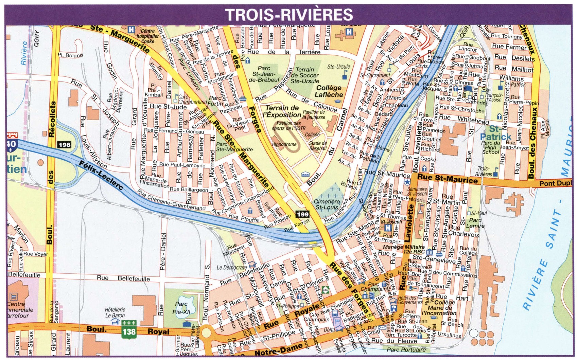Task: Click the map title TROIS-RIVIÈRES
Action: tap(289, 15)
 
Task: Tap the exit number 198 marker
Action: tap(64, 145)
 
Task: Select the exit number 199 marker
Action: tap(302, 214)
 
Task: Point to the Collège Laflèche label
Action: tap(329, 91)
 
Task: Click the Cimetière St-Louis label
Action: tap(327, 204)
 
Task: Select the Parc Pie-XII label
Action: tap(182, 308)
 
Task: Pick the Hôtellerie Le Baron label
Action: tap(115, 312)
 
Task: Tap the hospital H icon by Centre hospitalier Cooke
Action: tap(131, 30)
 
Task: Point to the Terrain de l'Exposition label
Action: tap(283, 111)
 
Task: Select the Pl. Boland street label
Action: tap(70, 55)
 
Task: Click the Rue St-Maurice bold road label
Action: tap(447, 178)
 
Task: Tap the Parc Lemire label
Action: tap(475, 223)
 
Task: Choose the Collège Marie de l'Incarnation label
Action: tap(439, 308)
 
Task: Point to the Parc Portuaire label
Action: tap(406, 349)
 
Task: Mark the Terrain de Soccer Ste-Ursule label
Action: tap(305, 75)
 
